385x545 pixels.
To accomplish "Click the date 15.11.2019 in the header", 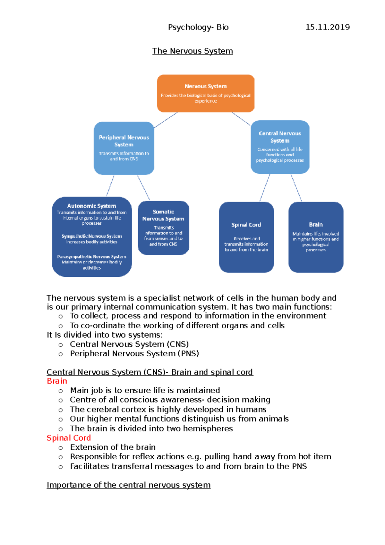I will (327, 27).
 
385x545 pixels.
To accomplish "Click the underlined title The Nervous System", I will (193, 51).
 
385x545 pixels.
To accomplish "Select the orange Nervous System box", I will (206, 93).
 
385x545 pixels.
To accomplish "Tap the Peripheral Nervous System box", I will (124, 148).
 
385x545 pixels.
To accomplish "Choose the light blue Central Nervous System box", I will (280, 147).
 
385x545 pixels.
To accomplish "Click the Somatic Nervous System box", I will (163, 228).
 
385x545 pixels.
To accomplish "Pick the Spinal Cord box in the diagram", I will (246, 237).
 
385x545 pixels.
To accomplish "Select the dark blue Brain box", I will (316, 237).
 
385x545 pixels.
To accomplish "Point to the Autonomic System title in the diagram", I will (91, 206).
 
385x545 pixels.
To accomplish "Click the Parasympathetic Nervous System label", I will (92, 257).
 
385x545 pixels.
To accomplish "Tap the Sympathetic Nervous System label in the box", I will (92, 236).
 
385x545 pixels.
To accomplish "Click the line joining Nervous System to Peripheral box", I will (166, 120).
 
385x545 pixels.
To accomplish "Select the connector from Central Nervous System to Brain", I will (296, 188).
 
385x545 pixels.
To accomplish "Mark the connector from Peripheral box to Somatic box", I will (143, 188).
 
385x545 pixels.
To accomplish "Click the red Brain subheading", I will (57, 381).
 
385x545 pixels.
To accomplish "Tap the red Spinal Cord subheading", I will (69, 438).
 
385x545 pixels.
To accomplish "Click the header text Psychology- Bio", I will (198, 27).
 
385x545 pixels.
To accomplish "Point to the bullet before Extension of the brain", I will (61, 448).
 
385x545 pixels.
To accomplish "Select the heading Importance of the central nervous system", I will (128, 485).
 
